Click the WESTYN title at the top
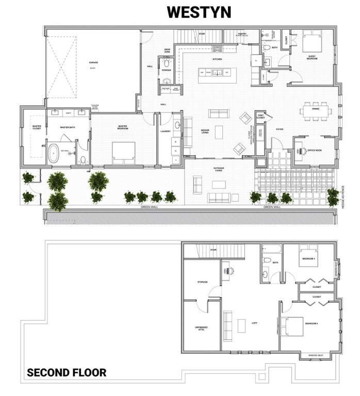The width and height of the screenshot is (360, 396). [x=199, y=12]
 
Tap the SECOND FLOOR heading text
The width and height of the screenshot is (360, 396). [x=67, y=372]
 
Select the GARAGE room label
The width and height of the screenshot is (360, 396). [x=93, y=63]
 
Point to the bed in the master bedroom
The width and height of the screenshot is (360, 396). [x=124, y=150]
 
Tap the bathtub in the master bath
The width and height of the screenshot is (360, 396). [x=54, y=154]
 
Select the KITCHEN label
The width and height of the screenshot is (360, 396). [x=217, y=59]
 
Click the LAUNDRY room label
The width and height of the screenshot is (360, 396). [x=166, y=131]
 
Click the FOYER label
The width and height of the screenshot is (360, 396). [x=280, y=129]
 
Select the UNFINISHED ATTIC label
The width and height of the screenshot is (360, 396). [x=201, y=328]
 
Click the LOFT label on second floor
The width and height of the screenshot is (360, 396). [x=254, y=323]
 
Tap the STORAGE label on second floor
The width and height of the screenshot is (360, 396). [x=202, y=282]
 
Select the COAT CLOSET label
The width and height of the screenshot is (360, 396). [x=260, y=117]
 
